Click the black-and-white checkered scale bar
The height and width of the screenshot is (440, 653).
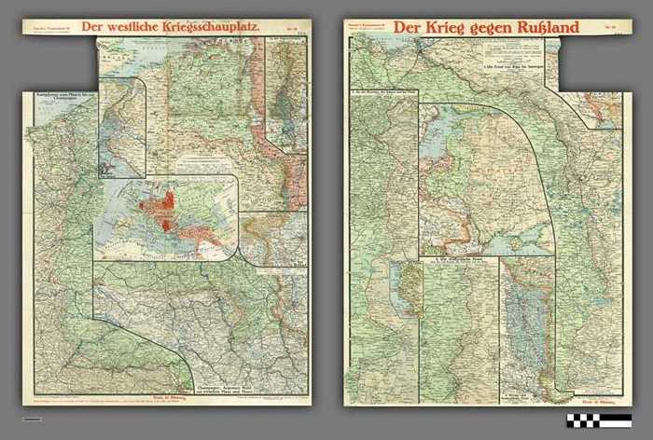click(x=598, y=420)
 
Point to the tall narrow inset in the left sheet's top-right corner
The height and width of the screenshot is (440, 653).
click(x=286, y=93)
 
